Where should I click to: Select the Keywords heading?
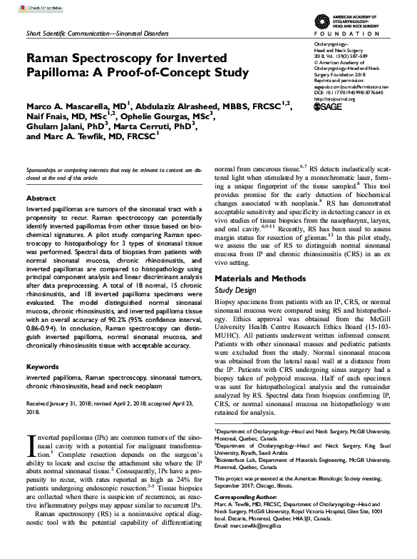pyautogui.click(x=44, y=366)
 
